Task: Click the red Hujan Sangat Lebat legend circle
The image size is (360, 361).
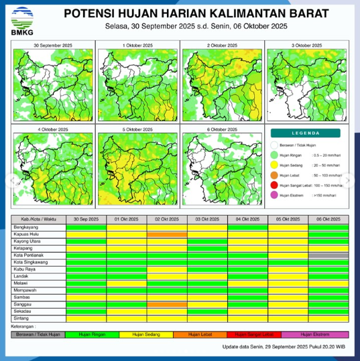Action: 274,185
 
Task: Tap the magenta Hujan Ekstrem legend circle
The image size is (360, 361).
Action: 274,195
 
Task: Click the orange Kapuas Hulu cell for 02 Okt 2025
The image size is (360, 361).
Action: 167,234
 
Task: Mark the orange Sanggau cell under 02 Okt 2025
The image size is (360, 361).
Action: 167,304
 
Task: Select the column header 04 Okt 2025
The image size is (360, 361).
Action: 247,220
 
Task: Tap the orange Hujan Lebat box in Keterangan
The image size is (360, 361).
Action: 200,334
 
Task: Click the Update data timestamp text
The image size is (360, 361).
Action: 284,346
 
